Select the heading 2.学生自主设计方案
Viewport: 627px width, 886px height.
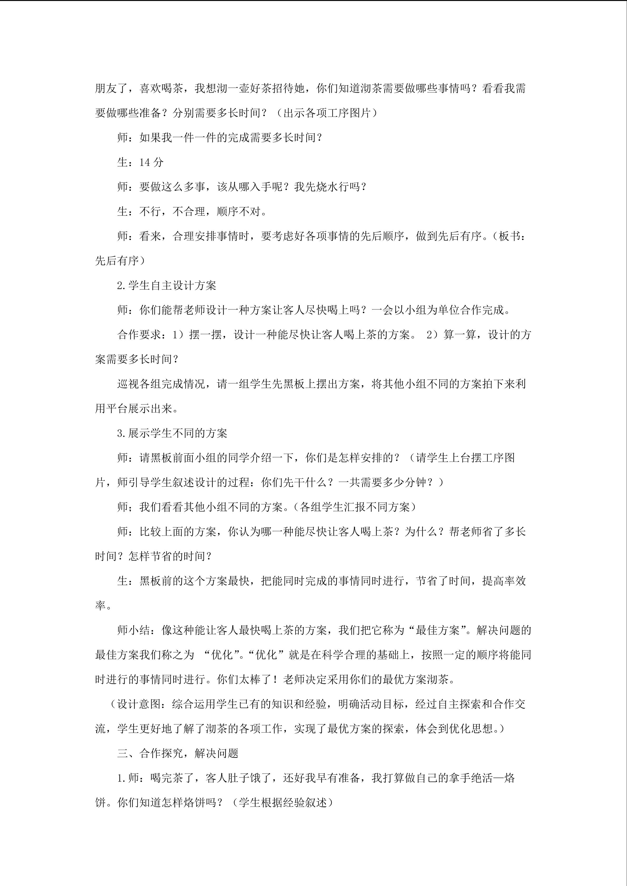166,286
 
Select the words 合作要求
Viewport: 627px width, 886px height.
139,335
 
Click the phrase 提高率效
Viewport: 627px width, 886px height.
504,581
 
